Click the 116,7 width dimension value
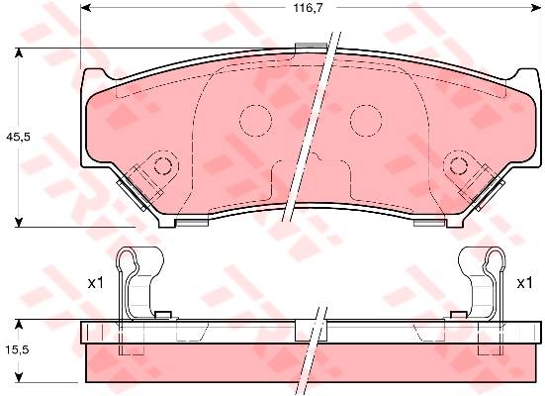pyautogui.click(x=309, y=8)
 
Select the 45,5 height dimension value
pyautogui.click(x=19, y=137)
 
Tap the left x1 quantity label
pyautogui.click(x=96, y=283)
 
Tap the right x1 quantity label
pyautogui.click(x=524, y=283)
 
